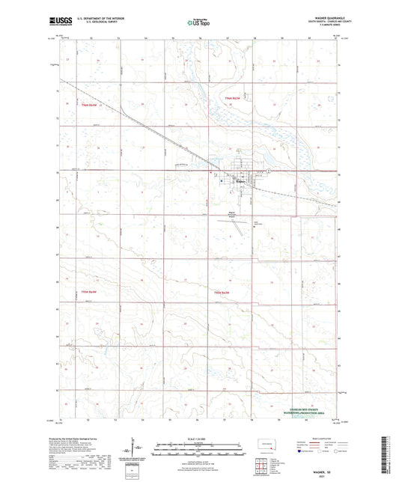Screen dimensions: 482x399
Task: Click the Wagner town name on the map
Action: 241,179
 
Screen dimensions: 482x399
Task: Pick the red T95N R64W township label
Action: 88,290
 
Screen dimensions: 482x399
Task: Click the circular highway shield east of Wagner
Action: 269,172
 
